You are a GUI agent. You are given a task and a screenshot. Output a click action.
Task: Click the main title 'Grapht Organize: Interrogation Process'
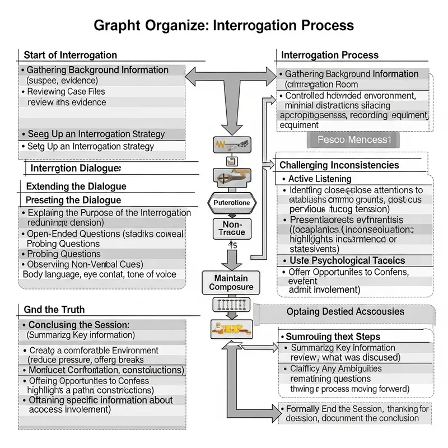[x=223, y=25]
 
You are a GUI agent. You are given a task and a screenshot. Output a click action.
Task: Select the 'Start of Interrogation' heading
[x=70, y=55]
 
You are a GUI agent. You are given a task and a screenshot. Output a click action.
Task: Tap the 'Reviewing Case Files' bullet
[x=66, y=91]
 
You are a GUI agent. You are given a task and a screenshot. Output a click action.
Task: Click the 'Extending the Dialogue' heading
[x=76, y=186]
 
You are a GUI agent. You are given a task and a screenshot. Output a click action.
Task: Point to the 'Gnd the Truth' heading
[x=54, y=310]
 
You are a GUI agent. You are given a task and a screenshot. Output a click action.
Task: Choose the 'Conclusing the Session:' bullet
[x=78, y=325]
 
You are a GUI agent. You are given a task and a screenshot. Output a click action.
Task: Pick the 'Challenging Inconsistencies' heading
[x=339, y=165]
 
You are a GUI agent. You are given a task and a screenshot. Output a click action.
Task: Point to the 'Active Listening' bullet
[x=319, y=179]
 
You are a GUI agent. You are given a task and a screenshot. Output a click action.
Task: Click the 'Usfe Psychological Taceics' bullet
[x=347, y=260]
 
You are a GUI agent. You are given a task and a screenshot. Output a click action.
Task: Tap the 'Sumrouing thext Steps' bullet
[x=333, y=337]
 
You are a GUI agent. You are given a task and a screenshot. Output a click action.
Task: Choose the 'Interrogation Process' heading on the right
[x=329, y=55]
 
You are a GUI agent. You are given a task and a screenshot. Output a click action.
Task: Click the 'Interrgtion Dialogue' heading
[x=76, y=169]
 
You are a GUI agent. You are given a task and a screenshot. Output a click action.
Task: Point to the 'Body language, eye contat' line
[x=99, y=274]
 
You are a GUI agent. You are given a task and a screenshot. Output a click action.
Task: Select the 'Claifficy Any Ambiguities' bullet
[x=336, y=368]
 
